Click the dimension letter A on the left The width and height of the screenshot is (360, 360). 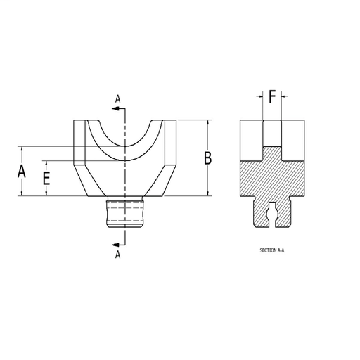click(x=22, y=172)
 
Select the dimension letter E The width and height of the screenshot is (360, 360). click(x=46, y=179)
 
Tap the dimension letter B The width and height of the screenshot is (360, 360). click(x=208, y=158)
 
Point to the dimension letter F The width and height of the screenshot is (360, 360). click(x=272, y=96)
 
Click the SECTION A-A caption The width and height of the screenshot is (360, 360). click(x=272, y=250)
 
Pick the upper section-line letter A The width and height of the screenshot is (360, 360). click(x=117, y=99)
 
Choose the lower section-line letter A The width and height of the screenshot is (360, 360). click(x=117, y=255)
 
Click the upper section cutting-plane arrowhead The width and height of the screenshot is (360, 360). click(x=115, y=108)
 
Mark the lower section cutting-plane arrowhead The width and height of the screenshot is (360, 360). click(x=115, y=245)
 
